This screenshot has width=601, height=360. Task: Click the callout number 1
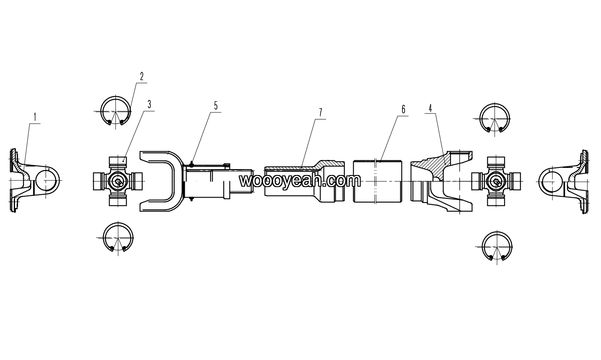(x=35, y=117)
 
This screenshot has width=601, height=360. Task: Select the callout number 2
(x=142, y=76)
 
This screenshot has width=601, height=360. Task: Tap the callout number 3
(x=149, y=104)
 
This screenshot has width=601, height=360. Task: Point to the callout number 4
(x=430, y=108)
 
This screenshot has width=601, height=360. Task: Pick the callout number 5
(x=216, y=106)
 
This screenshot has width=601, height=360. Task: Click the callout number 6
(x=403, y=109)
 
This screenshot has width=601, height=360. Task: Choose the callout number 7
(x=321, y=113)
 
